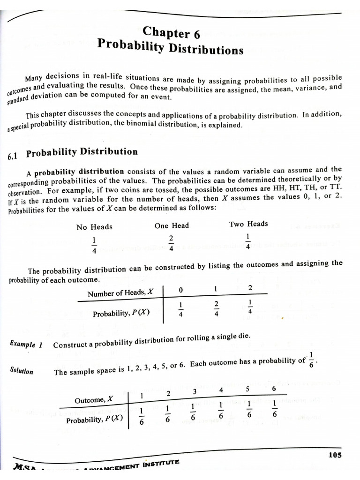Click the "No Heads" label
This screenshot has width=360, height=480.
pos(94,227)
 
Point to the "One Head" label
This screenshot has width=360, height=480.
pos(172,225)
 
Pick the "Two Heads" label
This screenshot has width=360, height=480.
pos(248,224)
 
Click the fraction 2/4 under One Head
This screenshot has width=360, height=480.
pos(171,243)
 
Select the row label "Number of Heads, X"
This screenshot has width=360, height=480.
pos(120,293)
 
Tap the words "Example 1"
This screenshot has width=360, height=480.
pos(26,344)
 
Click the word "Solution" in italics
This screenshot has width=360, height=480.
pos(22,371)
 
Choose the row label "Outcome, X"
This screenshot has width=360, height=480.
pos(94,400)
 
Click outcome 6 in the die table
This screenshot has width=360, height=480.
pos(274,389)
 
